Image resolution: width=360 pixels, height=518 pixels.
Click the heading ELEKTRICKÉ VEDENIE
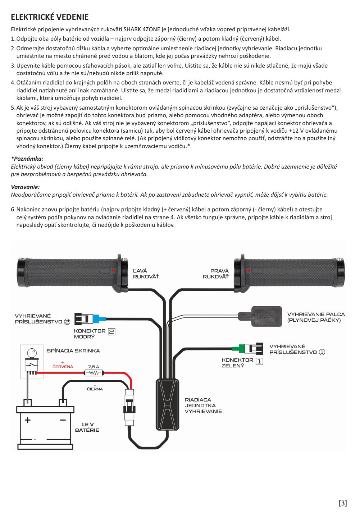pos(50,17)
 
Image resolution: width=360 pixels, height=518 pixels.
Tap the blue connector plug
pos(99,319)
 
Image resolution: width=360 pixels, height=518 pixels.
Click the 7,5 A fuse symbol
pos(94,373)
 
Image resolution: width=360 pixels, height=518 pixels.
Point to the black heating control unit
pos(167,404)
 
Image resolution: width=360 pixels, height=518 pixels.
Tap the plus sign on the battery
pos(28,420)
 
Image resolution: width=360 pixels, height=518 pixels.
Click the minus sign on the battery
pos(63,420)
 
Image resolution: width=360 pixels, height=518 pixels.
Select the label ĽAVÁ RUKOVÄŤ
pos(146,274)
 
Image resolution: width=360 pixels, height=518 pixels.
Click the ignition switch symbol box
pos(32,361)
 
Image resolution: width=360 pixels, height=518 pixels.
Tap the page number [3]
pos(343,503)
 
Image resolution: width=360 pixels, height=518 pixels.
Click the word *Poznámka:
pos(27,159)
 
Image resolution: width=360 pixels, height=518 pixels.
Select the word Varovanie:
pos(25,187)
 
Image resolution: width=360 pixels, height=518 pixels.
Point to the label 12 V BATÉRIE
pos(87,427)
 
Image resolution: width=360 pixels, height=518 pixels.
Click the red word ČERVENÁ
pos(63,367)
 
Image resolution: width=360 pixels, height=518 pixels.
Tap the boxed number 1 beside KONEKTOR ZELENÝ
pos(259,361)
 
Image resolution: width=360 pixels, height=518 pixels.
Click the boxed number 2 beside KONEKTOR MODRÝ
pos(111,332)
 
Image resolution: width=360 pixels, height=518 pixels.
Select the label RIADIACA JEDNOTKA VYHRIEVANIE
pos(203,405)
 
